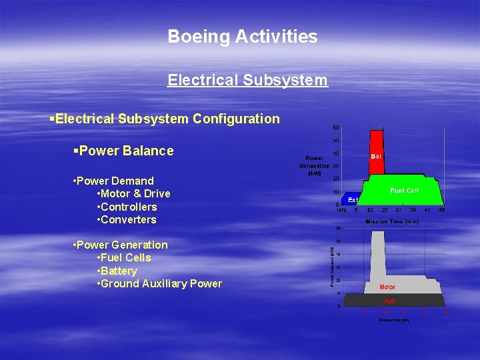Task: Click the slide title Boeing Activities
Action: [243, 37]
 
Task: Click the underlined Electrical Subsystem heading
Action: [247, 81]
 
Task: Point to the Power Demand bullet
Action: [115, 181]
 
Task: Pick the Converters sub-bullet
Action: [129, 219]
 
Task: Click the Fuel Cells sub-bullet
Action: [126, 258]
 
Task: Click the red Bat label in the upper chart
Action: [377, 156]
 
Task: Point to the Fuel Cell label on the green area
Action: [405, 191]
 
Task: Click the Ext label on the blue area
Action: [353, 199]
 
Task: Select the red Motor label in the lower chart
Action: [387, 287]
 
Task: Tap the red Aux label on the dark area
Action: [389, 301]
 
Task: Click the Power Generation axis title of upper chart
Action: [314, 166]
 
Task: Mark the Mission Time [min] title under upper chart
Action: [392, 221]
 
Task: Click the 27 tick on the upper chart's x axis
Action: [399, 210]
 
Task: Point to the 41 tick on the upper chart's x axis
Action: [427, 210]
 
